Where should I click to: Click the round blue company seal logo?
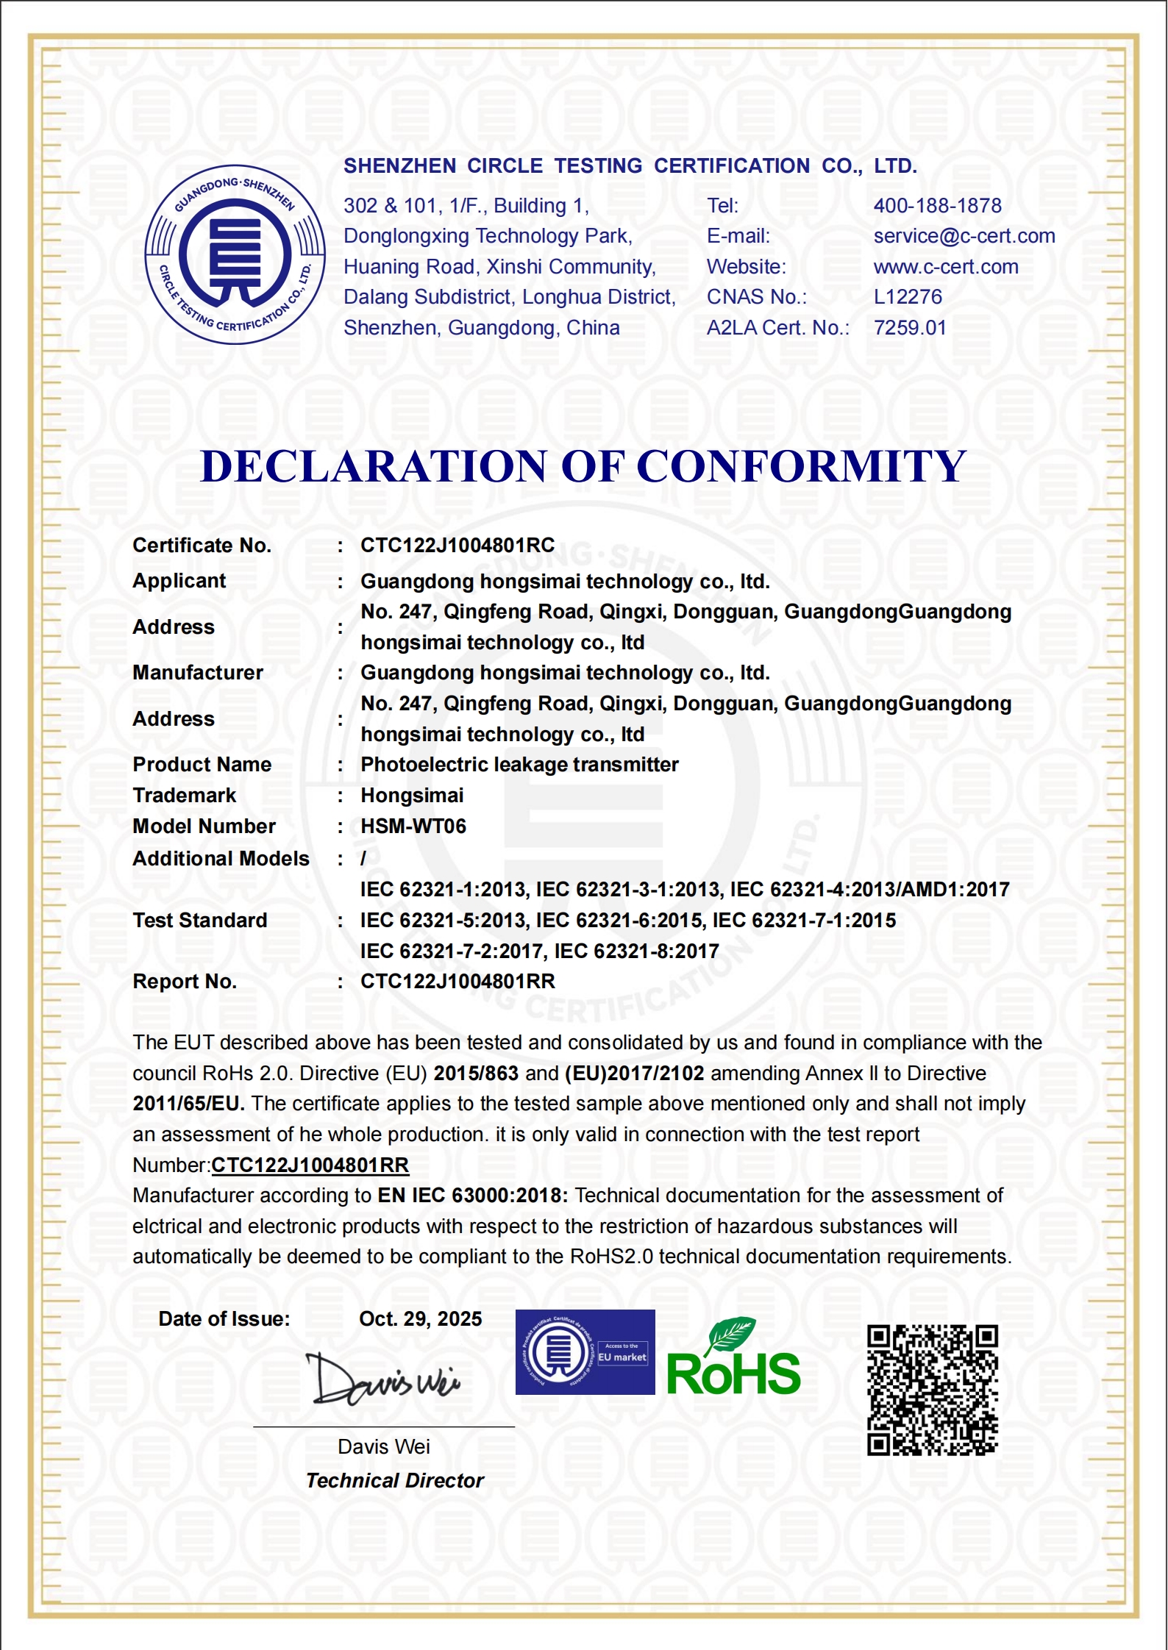(x=235, y=254)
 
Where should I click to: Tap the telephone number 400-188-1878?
(x=937, y=206)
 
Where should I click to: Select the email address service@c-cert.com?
(x=964, y=236)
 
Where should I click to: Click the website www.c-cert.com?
(x=945, y=267)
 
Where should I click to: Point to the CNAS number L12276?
(x=907, y=297)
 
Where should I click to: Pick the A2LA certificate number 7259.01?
(x=909, y=328)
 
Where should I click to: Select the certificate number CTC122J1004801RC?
(x=457, y=546)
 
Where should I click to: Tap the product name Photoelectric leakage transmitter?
(x=519, y=765)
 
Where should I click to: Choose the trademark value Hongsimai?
(x=412, y=796)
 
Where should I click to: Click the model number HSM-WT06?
(x=413, y=826)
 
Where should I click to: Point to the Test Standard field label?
(x=199, y=921)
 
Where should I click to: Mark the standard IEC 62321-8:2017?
(x=636, y=951)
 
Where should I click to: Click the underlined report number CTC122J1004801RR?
(x=310, y=1165)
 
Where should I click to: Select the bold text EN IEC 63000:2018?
(x=472, y=1196)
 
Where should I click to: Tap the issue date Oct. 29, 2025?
(x=420, y=1319)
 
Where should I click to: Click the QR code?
(x=932, y=1390)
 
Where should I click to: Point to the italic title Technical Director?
(x=394, y=1481)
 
